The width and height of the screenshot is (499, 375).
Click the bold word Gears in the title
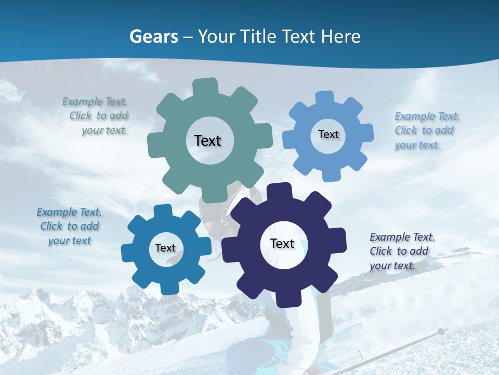click(x=153, y=36)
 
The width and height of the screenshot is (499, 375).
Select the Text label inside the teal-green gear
click(x=207, y=141)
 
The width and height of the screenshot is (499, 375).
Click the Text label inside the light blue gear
click(x=328, y=134)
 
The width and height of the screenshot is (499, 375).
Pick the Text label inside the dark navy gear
click(x=282, y=243)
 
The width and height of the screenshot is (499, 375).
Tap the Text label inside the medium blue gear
click(x=165, y=248)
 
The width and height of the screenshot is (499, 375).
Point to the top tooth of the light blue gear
click(x=324, y=98)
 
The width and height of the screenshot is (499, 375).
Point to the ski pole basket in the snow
click(x=441, y=331)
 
